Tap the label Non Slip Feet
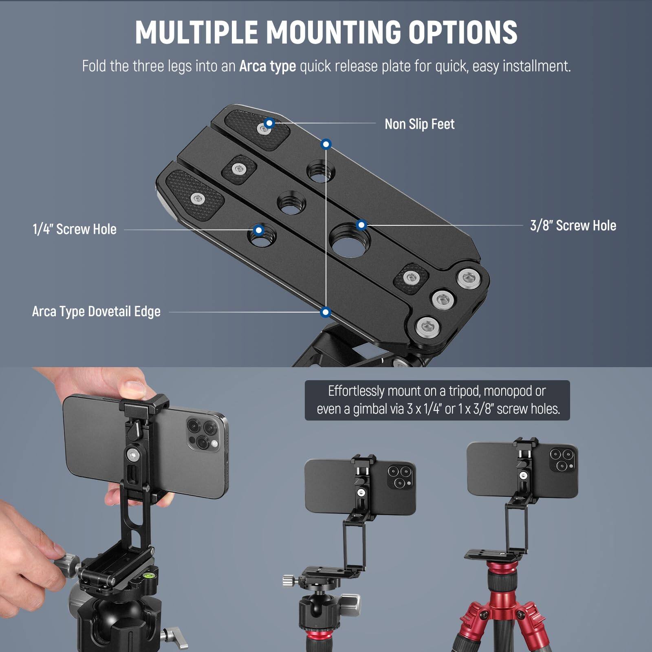[x=419, y=124]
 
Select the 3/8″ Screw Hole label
[x=573, y=225]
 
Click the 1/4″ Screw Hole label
[x=75, y=229]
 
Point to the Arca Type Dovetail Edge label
[x=96, y=312]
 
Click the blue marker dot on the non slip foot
[x=269, y=123]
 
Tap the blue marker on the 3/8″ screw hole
[x=361, y=225]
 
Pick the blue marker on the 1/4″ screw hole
[x=258, y=230]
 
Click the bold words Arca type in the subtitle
[x=267, y=66]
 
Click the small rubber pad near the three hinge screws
[x=411, y=278]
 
